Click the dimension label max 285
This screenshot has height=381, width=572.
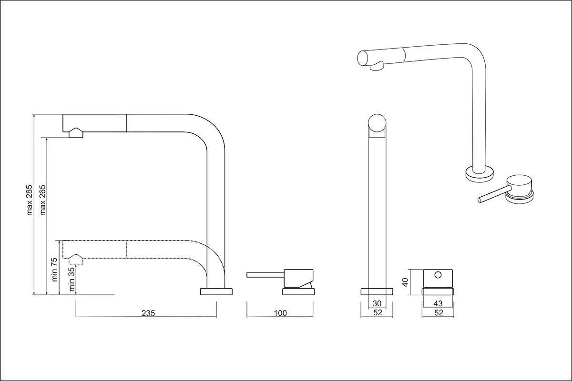(x=30, y=200)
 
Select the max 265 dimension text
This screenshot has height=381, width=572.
(x=42, y=200)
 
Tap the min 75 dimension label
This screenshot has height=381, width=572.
(x=54, y=270)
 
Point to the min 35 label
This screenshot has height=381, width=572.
(x=72, y=279)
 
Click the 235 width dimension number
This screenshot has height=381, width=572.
(x=148, y=313)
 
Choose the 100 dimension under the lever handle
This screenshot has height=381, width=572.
(x=280, y=313)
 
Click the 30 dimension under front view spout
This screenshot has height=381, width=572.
(x=377, y=303)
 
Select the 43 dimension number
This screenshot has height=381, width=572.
(x=438, y=303)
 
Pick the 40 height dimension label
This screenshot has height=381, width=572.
(x=405, y=282)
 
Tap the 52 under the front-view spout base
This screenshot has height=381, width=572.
(x=378, y=312)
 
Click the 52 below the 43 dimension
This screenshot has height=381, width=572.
(x=439, y=312)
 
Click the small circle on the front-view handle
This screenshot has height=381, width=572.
(x=438, y=275)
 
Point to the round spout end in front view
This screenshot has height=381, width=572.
(x=377, y=123)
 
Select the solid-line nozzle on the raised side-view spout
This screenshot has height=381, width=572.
(x=76, y=133)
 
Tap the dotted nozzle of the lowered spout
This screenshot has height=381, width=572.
(x=76, y=259)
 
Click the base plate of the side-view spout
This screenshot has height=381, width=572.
(x=216, y=291)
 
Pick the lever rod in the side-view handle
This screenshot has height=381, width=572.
(x=266, y=275)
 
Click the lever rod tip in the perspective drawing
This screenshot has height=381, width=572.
(x=480, y=200)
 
